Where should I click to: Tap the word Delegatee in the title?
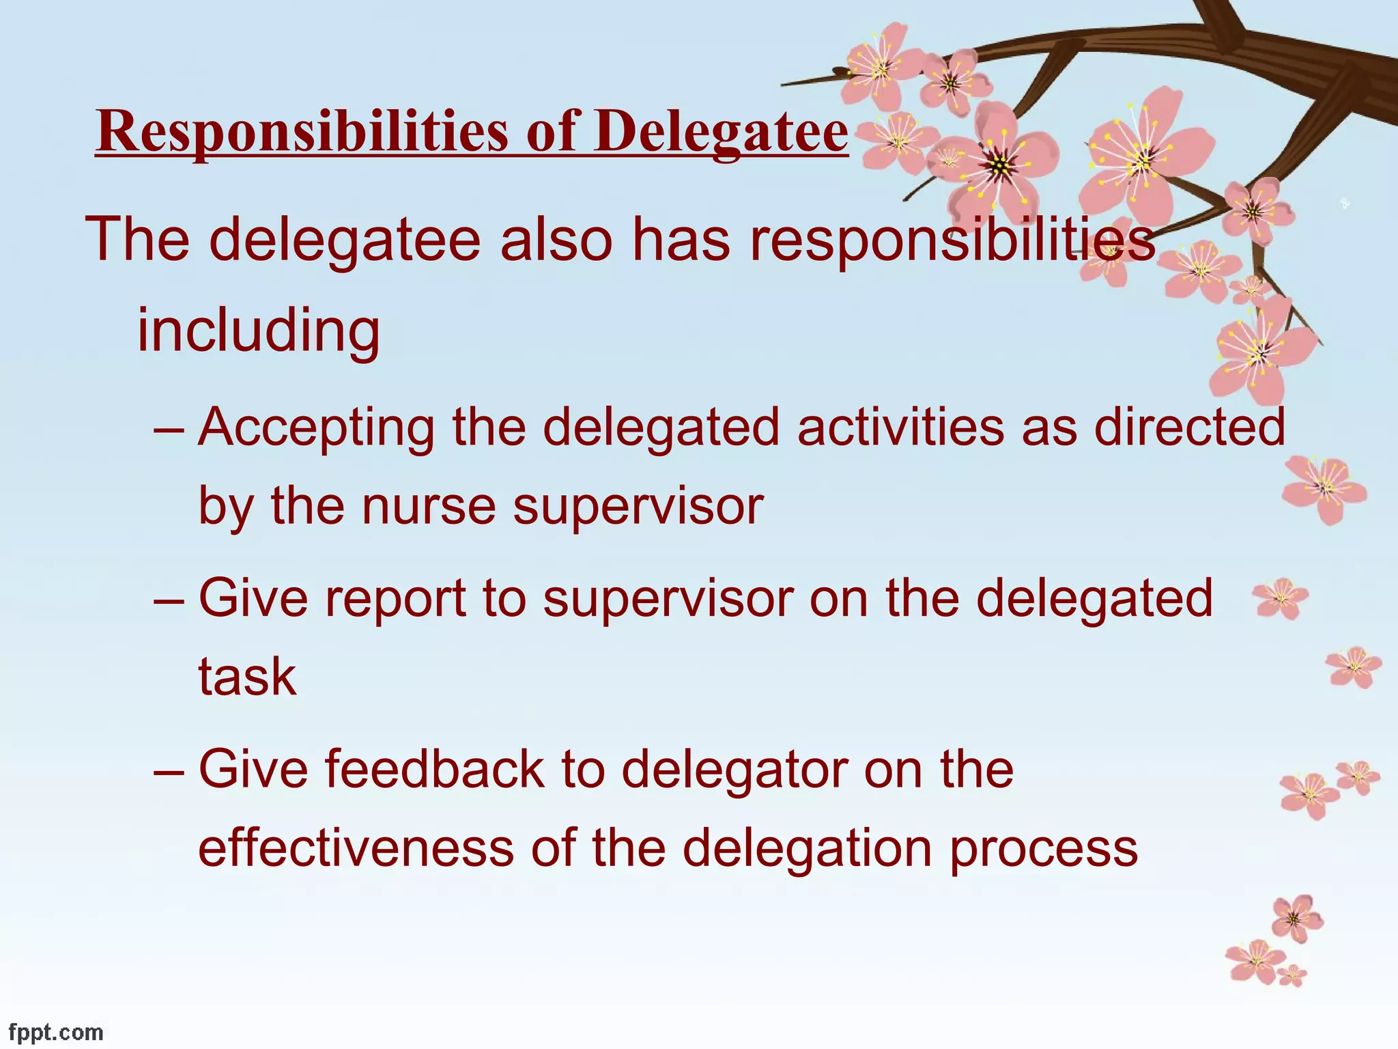coord(720,131)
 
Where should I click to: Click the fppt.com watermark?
coord(56,1032)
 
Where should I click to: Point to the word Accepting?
coord(316,428)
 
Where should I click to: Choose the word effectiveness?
coord(356,848)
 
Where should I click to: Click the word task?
coord(247,677)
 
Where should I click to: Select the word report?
coord(395,598)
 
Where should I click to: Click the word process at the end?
coord(1043,850)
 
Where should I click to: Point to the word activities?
coord(900,428)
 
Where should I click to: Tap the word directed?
coord(1189,428)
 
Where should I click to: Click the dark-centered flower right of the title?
coord(999,164)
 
